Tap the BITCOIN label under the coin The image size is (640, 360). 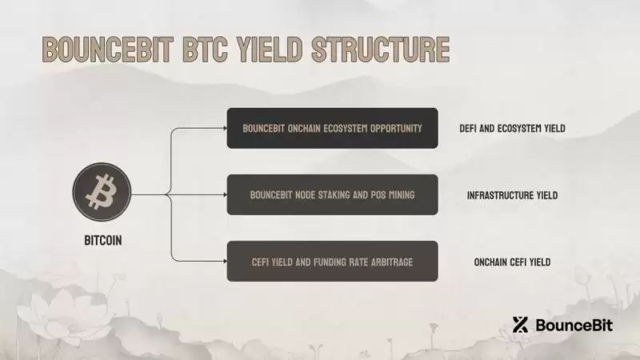[x=102, y=239]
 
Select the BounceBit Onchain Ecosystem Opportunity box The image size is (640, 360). [x=332, y=128]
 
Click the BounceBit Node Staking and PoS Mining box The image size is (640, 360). [x=332, y=194]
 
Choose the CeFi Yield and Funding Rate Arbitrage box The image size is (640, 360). [x=332, y=261]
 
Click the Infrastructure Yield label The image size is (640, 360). [x=513, y=194]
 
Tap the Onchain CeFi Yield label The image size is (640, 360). [x=513, y=262]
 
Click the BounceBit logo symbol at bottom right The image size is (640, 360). [x=521, y=325]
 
